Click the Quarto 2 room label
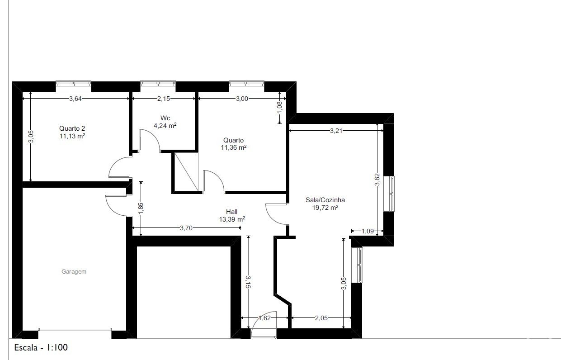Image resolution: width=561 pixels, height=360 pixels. pyautogui.click(x=72, y=128)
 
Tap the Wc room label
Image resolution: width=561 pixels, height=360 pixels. pyautogui.click(x=165, y=118)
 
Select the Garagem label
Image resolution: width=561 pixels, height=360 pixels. pyautogui.click(x=74, y=271)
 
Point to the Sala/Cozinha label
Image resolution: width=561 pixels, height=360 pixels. pyautogui.click(x=325, y=200)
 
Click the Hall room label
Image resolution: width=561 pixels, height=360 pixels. pyautogui.click(x=231, y=212)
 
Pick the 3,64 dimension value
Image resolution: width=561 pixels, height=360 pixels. pyautogui.click(x=75, y=99)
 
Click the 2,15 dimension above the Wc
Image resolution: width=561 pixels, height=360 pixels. pyautogui.click(x=164, y=99)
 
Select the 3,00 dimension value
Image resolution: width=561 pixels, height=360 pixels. pyautogui.click(x=242, y=99)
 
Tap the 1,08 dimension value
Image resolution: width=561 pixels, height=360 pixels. pyautogui.click(x=280, y=107)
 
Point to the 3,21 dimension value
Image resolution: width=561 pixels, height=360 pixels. pyautogui.click(x=336, y=131)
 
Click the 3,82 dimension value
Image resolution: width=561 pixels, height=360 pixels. pyautogui.click(x=377, y=180)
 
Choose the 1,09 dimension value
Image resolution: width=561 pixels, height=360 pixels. pyautogui.click(x=368, y=231)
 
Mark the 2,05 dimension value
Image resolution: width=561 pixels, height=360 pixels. pyautogui.click(x=321, y=318)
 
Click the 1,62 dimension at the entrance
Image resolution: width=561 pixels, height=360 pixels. pyautogui.click(x=265, y=318)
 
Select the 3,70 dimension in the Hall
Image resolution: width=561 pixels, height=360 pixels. pyautogui.click(x=186, y=228)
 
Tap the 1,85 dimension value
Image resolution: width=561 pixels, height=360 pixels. pyautogui.click(x=141, y=208)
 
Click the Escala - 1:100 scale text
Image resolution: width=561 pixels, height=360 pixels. pyautogui.click(x=41, y=347)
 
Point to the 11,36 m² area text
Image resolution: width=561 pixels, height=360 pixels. pyautogui.click(x=234, y=147)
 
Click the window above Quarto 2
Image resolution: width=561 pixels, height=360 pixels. pyautogui.click(x=73, y=86)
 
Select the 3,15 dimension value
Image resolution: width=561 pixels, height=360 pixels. pyautogui.click(x=248, y=282)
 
